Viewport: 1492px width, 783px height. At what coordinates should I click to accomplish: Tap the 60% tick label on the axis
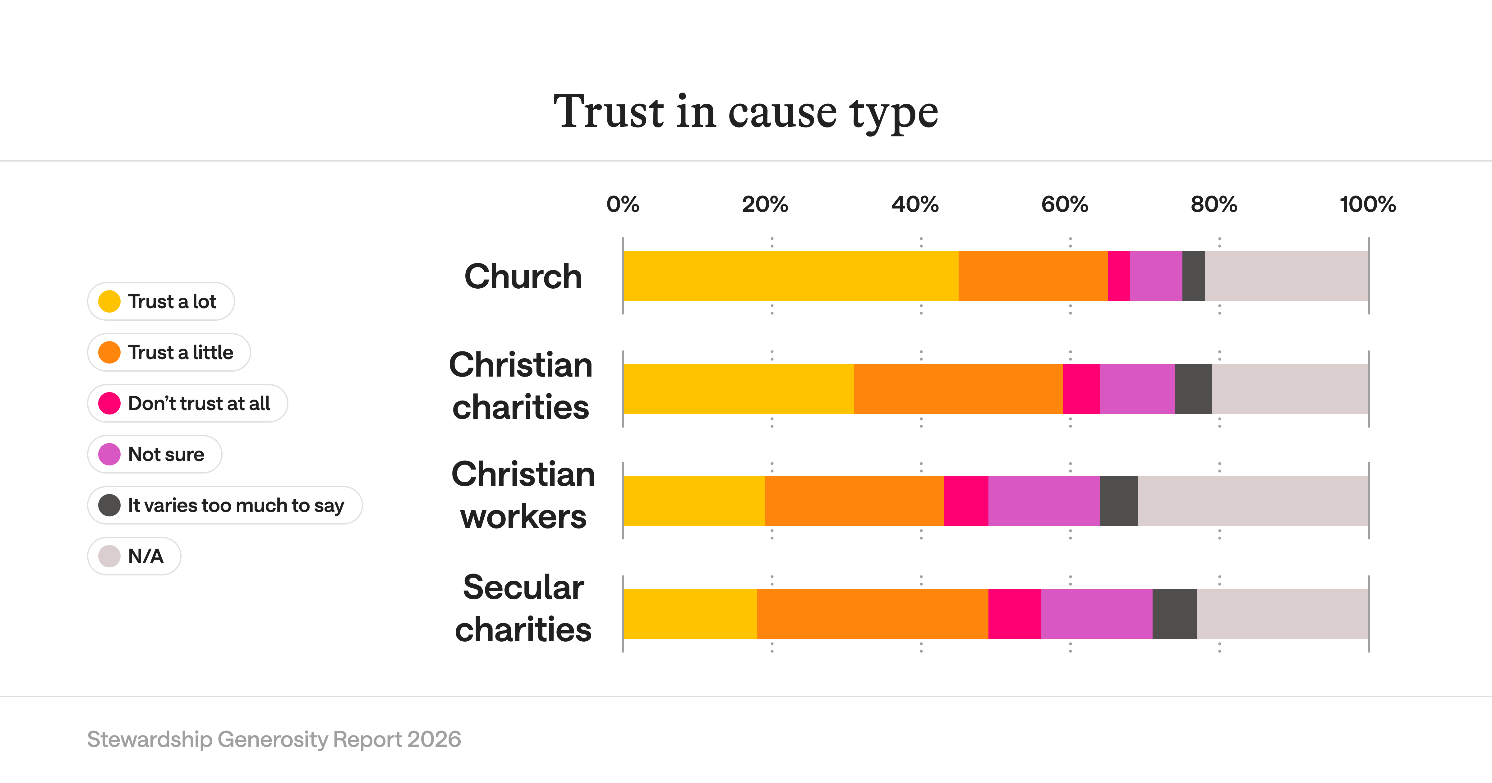[1065, 204]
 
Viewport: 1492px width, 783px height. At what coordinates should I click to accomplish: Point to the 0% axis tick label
[623, 204]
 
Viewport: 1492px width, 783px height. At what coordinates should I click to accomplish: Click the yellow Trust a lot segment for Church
[790, 276]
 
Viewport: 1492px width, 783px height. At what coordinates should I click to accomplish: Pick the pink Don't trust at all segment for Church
[1118, 276]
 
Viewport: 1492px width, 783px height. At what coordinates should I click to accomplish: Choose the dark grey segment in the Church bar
[1193, 276]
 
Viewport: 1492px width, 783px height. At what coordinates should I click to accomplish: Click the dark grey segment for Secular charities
[1175, 614]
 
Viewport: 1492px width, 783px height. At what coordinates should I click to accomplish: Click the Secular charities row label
[523, 608]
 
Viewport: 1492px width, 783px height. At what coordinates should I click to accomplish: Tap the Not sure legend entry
[155, 454]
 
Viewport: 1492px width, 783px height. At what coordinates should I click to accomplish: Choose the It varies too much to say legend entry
[225, 505]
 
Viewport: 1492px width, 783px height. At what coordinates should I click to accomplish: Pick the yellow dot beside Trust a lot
[109, 301]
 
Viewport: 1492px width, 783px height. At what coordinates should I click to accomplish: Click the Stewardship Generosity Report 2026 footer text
[274, 739]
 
